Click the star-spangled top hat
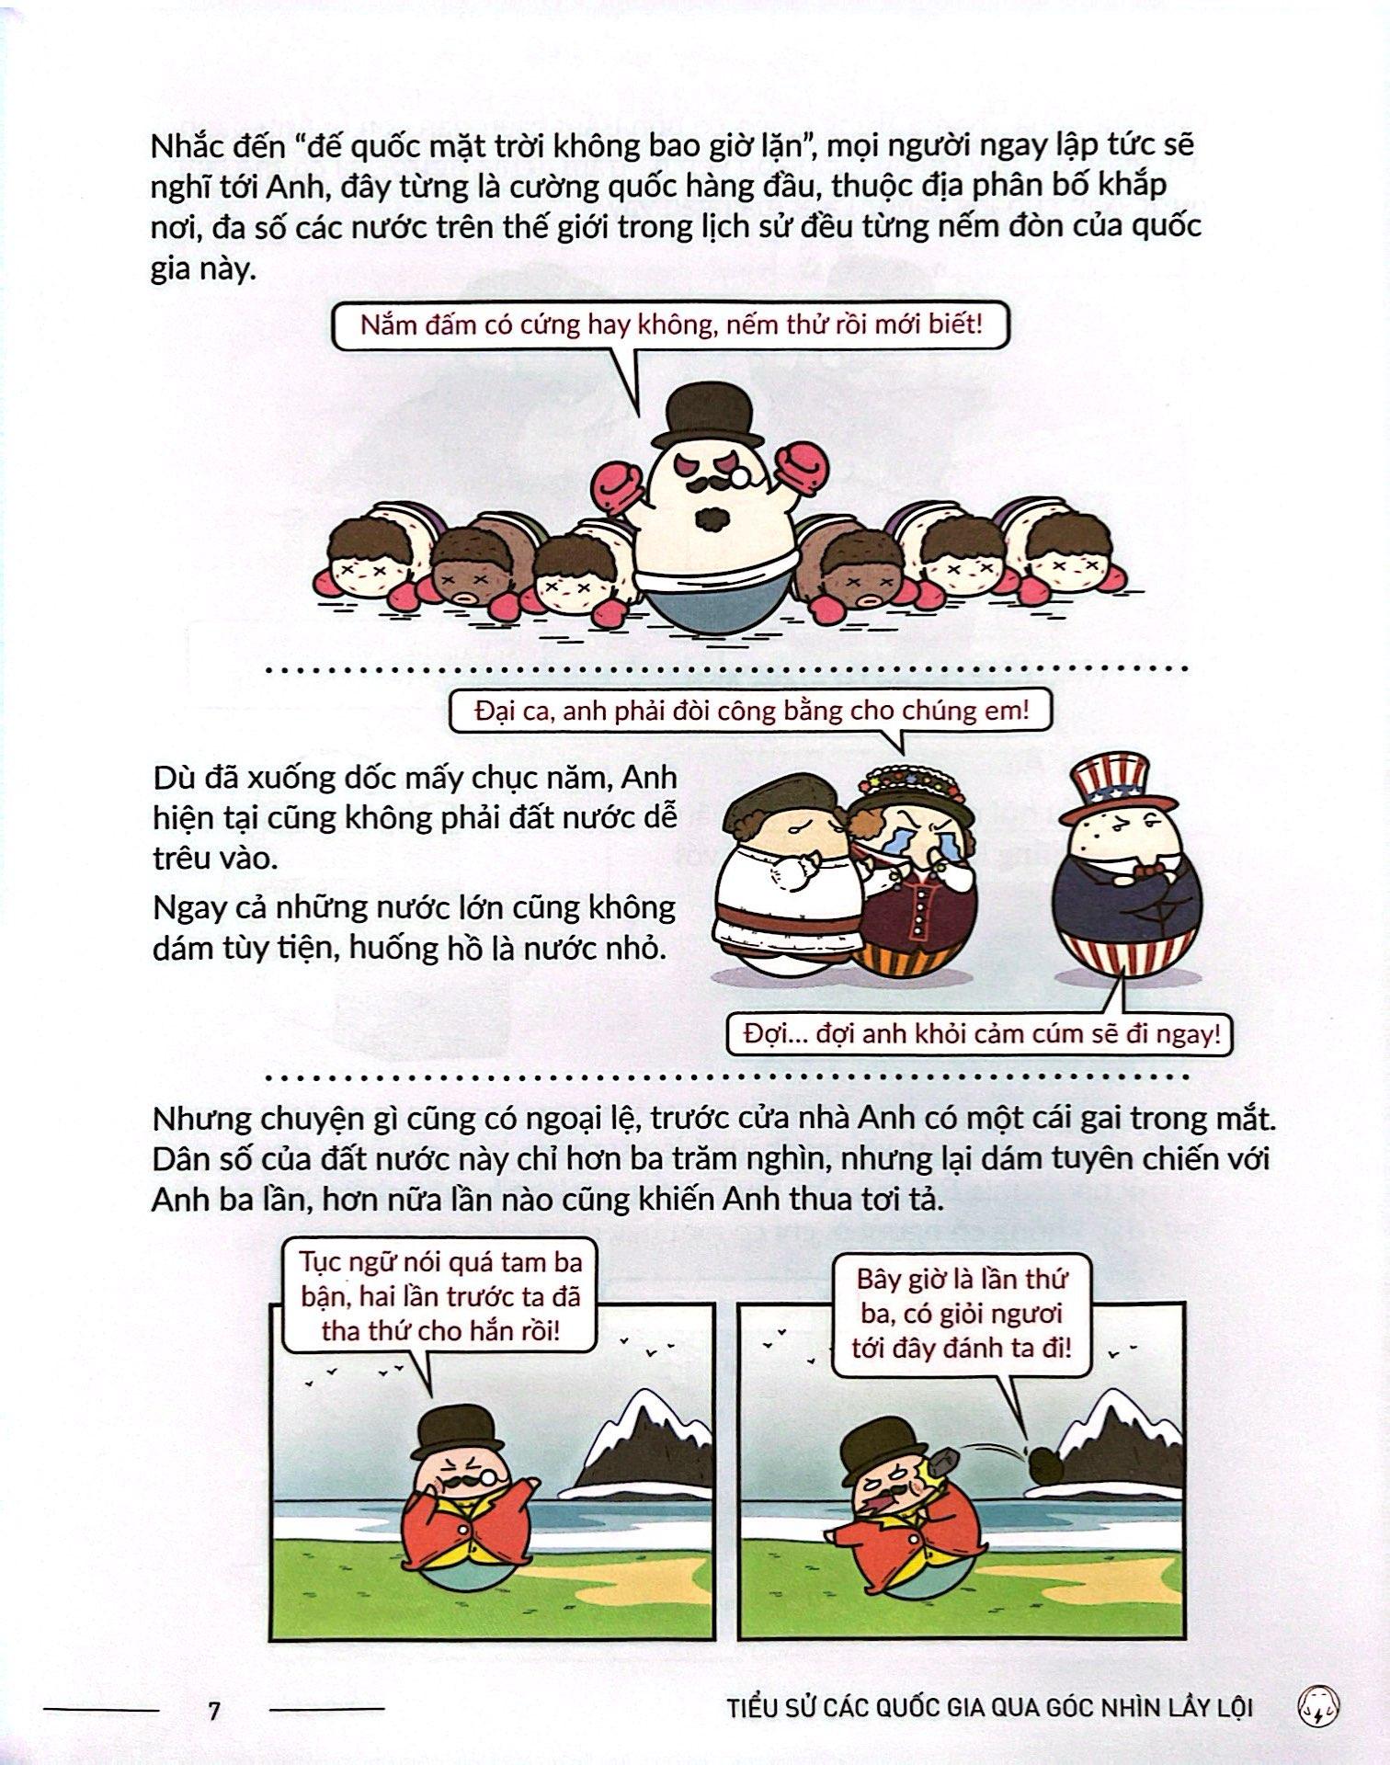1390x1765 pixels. pos(1117,790)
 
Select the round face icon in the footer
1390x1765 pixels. pos(1321,1707)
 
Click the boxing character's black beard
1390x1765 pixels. pos(712,518)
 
